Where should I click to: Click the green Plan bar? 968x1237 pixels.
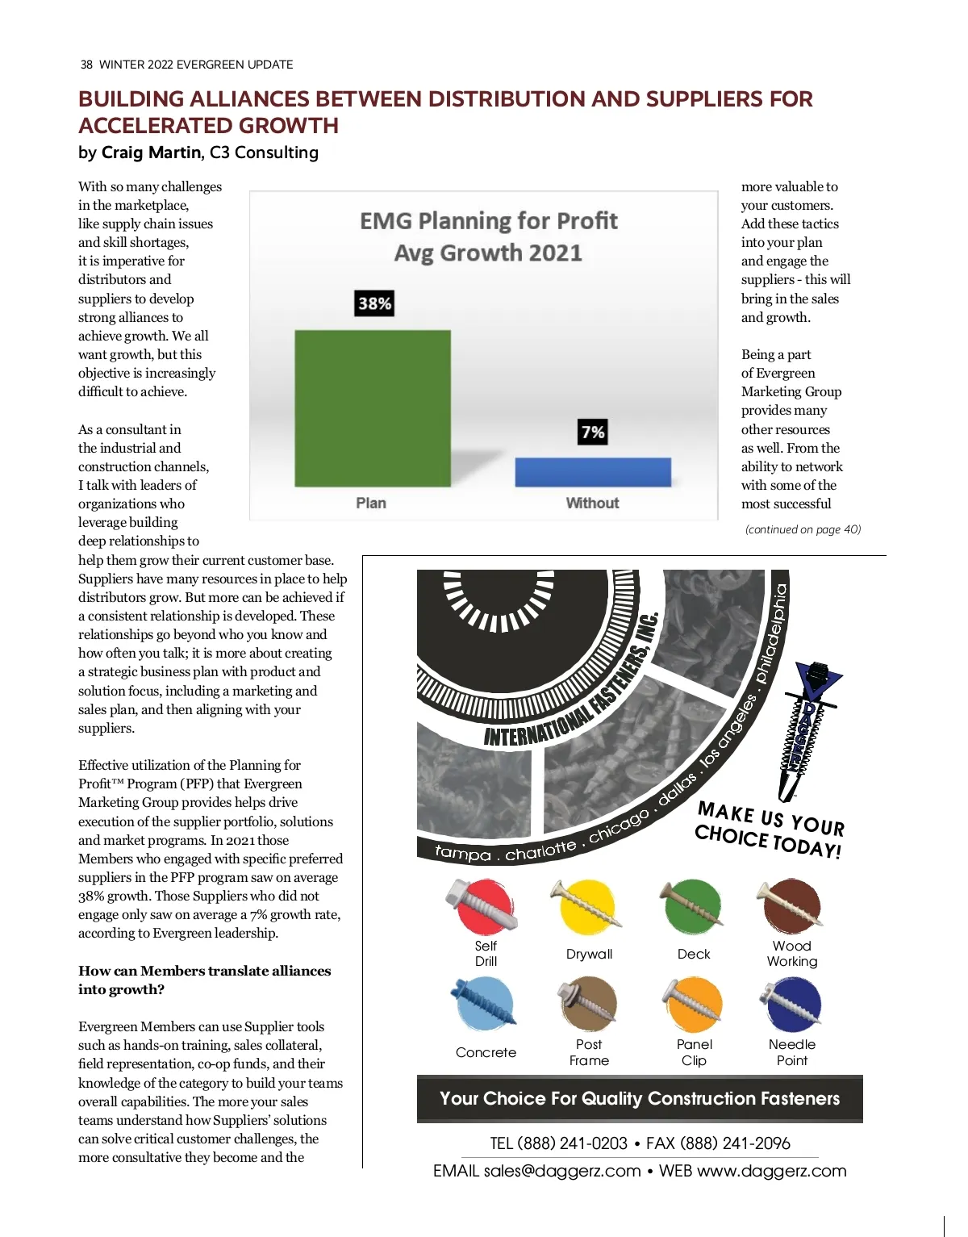click(372, 407)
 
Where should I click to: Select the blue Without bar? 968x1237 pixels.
click(593, 472)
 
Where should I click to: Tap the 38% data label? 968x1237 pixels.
click(375, 303)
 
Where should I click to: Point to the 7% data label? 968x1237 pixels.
click(593, 433)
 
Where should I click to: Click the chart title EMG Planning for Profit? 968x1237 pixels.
click(488, 221)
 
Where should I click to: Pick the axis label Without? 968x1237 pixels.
click(592, 504)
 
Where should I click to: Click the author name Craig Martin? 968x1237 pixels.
click(151, 153)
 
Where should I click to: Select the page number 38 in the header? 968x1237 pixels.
click(86, 65)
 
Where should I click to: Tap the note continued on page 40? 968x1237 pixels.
click(803, 530)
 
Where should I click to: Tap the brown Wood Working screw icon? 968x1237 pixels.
click(791, 905)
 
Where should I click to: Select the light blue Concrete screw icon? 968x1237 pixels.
click(485, 1004)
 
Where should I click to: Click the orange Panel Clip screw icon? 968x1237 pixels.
click(693, 1004)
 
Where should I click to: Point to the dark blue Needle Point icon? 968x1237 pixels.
click(791, 1004)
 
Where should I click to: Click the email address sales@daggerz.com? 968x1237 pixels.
click(561, 1171)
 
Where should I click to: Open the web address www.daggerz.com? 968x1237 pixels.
click(771, 1171)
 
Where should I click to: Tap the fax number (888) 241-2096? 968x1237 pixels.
click(735, 1143)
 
